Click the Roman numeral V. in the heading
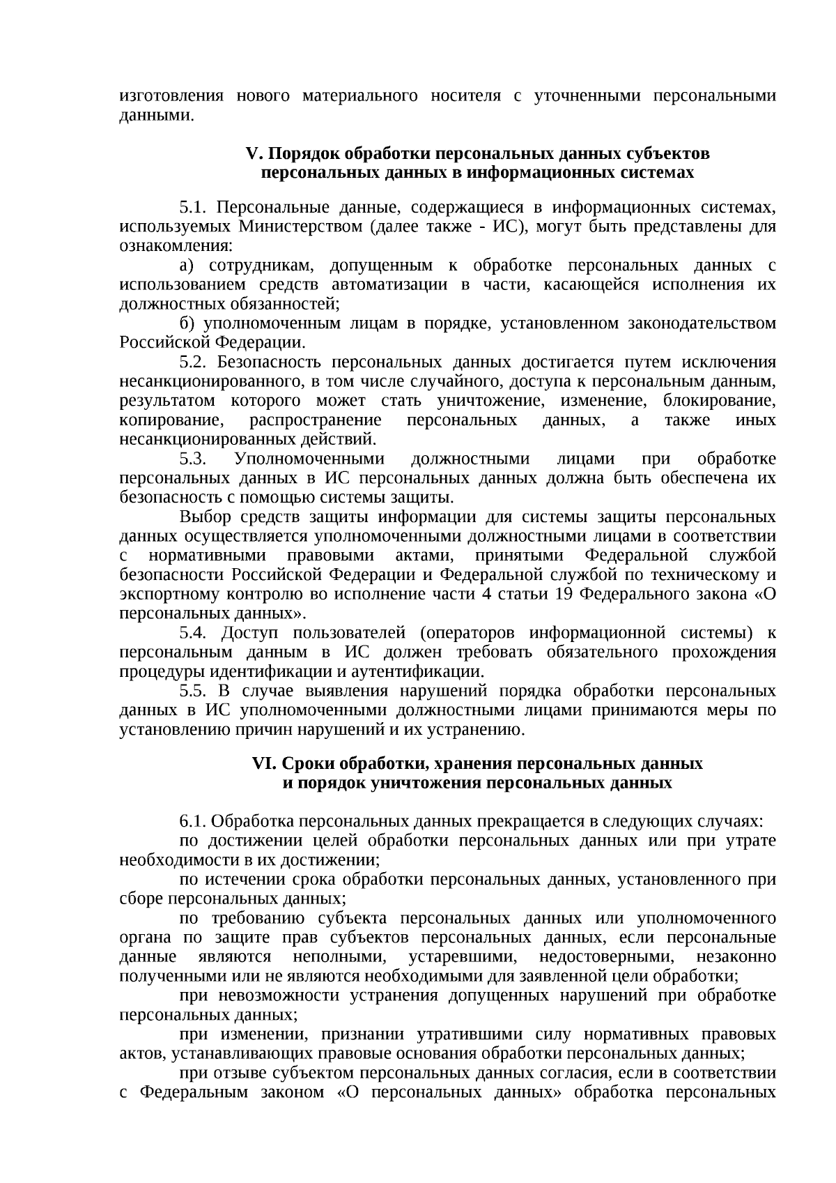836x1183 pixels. click(x=253, y=153)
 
